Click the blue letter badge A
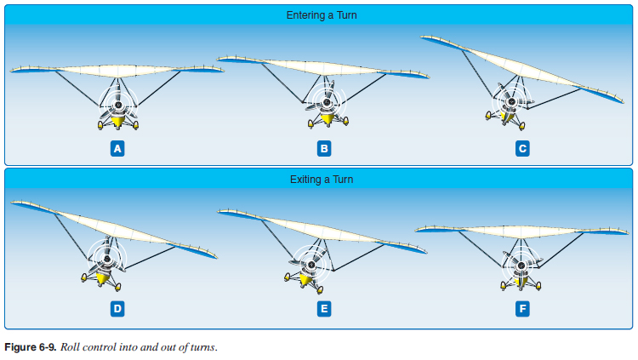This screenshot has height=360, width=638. (x=118, y=148)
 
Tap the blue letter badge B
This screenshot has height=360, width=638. (x=323, y=148)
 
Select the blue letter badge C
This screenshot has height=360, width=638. (x=522, y=148)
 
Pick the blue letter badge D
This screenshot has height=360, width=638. (x=118, y=308)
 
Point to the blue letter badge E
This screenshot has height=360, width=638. (x=323, y=308)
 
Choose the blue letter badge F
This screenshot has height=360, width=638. (x=522, y=308)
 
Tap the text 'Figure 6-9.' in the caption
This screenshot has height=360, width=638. (x=29, y=348)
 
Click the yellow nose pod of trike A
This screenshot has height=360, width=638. (x=118, y=123)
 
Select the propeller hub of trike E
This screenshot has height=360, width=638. (x=311, y=265)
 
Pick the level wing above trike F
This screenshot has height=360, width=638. (x=521, y=231)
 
